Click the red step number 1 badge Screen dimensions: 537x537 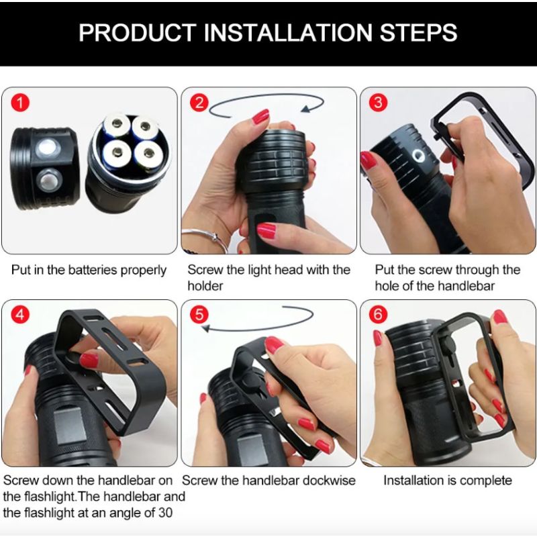click(22, 103)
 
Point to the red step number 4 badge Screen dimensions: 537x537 click(21, 315)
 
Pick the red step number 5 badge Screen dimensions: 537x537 click(199, 315)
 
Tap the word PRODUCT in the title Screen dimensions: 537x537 click(130, 32)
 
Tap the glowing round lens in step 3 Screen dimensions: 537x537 click(417, 158)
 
